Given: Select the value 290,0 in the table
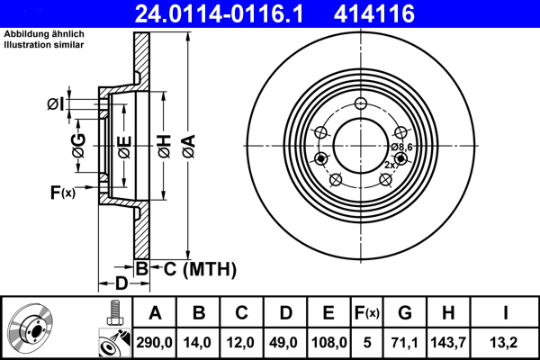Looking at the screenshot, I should click(155, 341).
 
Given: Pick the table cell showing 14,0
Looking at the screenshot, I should click(199, 341).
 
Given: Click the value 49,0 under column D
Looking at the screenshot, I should click(285, 341).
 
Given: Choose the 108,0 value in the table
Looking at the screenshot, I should click(328, 341).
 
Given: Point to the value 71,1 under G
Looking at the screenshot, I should click(405, 341).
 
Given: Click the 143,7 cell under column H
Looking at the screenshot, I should click(450, 341).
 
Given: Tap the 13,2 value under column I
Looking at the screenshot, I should click(505, 341).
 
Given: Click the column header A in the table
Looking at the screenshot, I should click(155, 313).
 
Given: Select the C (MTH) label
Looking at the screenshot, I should click(193, 268).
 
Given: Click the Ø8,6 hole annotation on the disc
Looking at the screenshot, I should click(400, 147).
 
